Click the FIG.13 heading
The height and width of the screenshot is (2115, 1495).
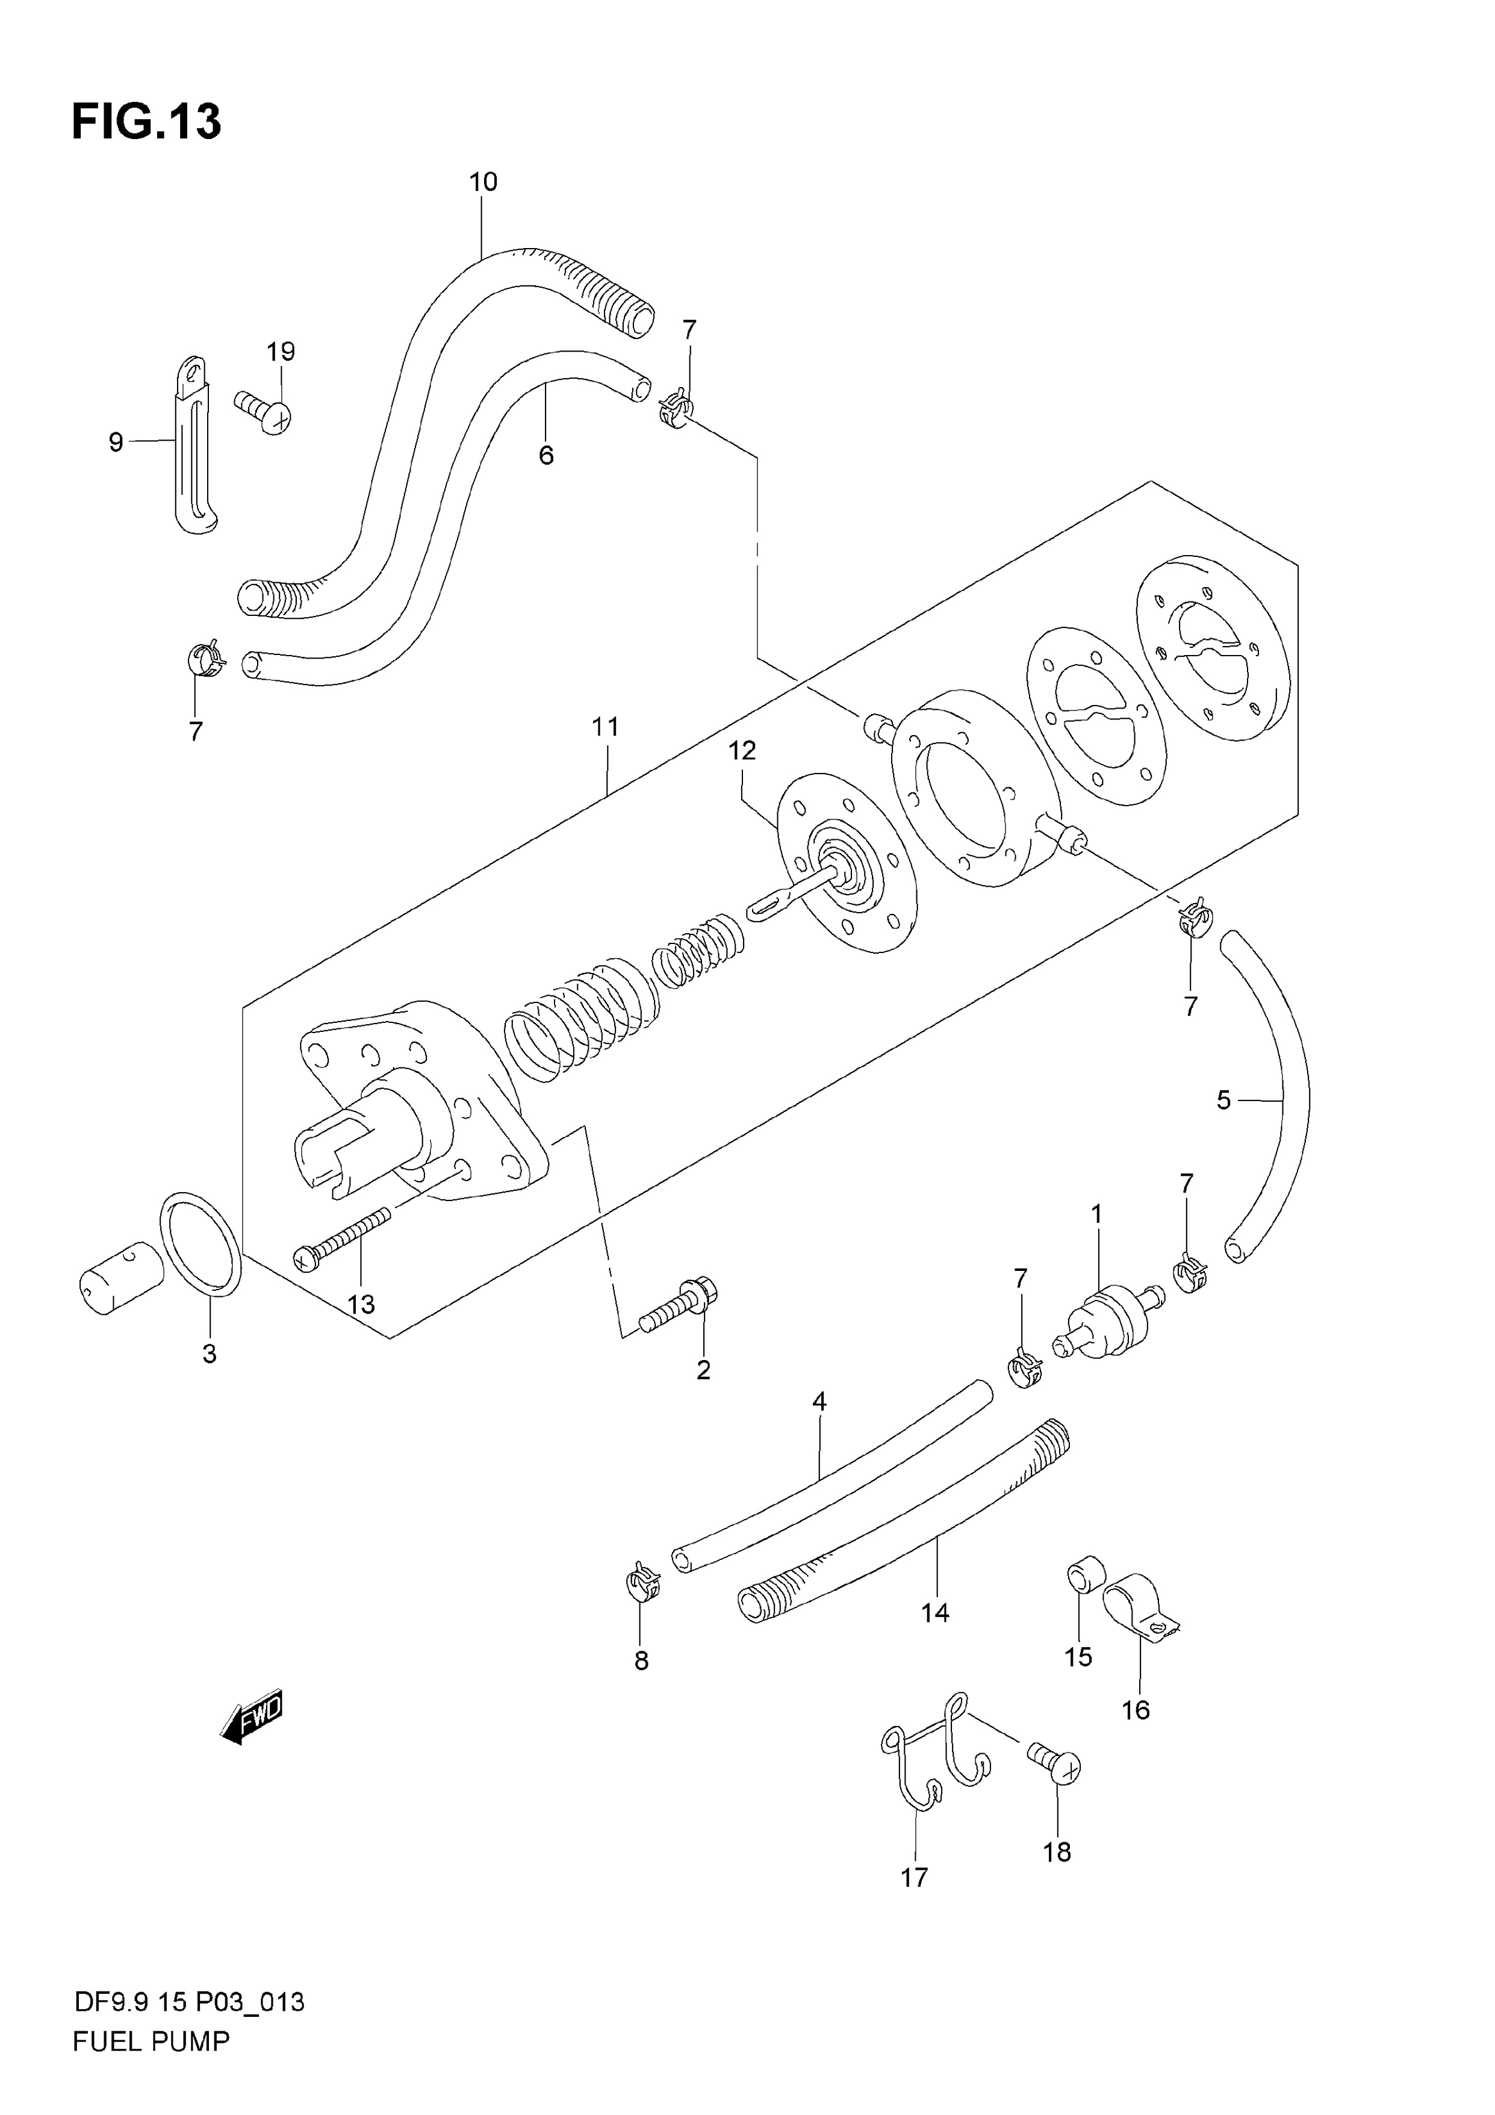coord(146,122)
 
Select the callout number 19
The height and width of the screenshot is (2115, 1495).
coord(281,351)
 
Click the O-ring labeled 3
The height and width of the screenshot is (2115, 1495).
coord(201,1244)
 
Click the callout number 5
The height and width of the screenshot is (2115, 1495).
coord(1223,1100)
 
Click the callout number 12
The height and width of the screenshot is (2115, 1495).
coord(742,751)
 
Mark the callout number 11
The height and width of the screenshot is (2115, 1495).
coord(605,727)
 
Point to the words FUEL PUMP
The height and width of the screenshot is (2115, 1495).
coord(151,2042)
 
